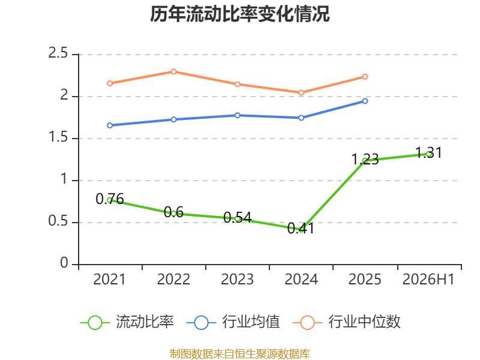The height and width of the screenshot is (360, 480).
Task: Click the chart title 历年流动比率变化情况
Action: pyautogui.click(x=239, y=14)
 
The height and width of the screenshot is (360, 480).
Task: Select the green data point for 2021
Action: pyautogui.click(x=110, y=200)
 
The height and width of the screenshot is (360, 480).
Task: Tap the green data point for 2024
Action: pyautogui.click(x=301, y=229)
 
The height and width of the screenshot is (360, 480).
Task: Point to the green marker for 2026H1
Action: pyautogui.click(x=429, y=154)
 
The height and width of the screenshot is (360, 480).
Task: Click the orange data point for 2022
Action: pyautogui.click(x=173, y=71)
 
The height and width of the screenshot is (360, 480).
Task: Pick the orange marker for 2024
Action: pyautogui.click(x=301, y=92)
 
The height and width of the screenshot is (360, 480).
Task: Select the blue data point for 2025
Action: pyautogui.click(x=365, y=101)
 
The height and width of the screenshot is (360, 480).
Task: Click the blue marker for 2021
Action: pyautogui.click(x=110, y=125)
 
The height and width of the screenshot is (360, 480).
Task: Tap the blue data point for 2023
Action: pyautogui.click(x=237, y=115)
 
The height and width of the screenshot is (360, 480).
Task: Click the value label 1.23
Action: pyautogui.click(x=365, y=159)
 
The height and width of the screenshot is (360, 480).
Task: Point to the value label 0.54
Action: pyautogui.click(x=237, y=218)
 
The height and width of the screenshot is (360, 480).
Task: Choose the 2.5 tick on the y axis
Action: pyautogui.click(x=58, y=53)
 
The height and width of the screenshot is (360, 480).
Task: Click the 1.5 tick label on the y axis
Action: pyautogui.click(x=58, y=137)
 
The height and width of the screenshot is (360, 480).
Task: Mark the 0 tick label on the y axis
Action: pyautogui.click(x=64, y=263)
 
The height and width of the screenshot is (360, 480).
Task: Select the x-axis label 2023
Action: pyautogui.click(x=237, y=279)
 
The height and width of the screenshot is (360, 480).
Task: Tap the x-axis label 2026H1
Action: pyautogui.click(x=428, y=279)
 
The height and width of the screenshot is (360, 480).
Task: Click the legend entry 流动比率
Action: pyautogui.click(x=127, y=322)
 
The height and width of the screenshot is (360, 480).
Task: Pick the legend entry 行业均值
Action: pyautogui.click(x=233, y=322)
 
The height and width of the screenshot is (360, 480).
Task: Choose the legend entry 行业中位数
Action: pyautogui.click(x=347, y=322)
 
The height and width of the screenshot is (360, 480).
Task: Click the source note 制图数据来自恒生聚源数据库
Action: pyautogui.click(x=239, y=353)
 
